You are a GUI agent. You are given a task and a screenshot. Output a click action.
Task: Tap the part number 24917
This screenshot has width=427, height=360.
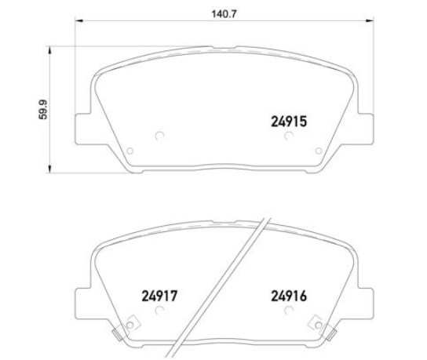coord(162,296)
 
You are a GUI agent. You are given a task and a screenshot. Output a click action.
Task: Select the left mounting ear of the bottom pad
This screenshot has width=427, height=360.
coord(83,302)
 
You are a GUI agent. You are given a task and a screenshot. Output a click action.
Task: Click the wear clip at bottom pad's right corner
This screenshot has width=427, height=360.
coord(318,322)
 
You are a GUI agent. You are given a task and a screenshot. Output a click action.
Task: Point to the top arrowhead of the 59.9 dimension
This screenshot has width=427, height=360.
coord(51,49)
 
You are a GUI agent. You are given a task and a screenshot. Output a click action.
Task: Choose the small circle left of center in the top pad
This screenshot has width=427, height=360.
coord(159,134)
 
